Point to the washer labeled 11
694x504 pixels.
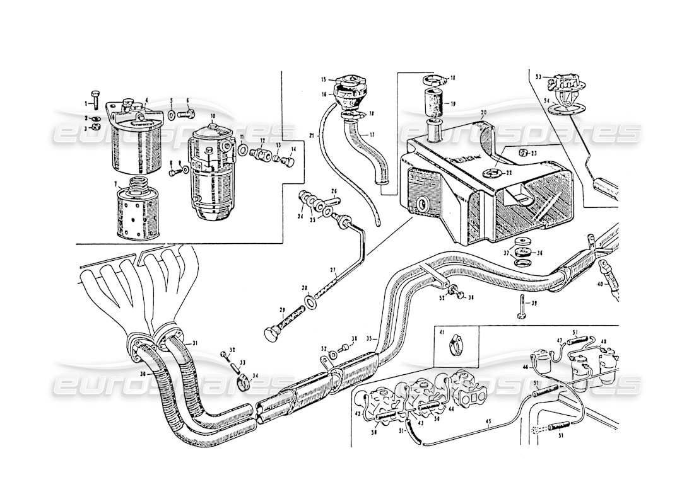tap(243, 152)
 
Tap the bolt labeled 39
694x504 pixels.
tap(522, 307)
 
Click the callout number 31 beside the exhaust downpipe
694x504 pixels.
tap(195, 343)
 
